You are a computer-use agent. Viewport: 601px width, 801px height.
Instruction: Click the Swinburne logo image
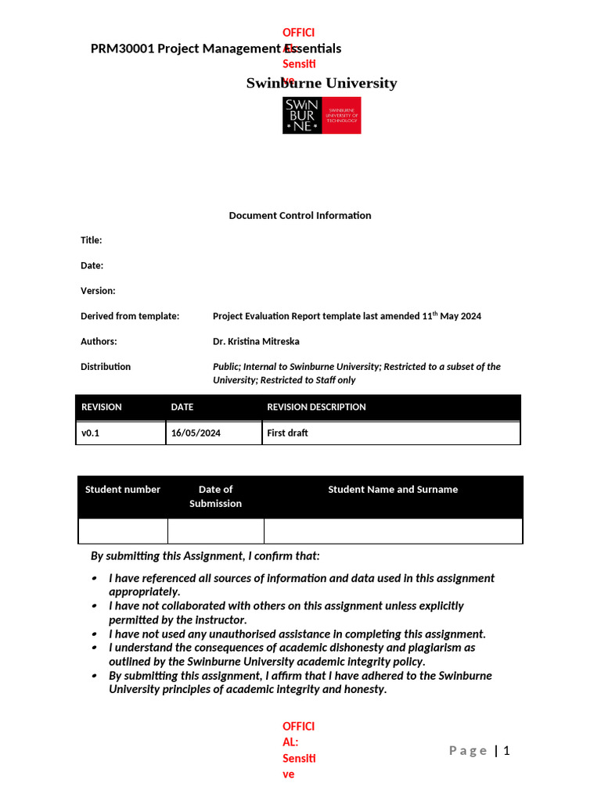click(x=322, y=116)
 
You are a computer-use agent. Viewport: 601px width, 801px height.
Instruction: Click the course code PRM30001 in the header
click(x=122, y=48)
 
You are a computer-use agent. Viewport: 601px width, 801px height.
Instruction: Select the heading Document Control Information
click(x=300, y=215)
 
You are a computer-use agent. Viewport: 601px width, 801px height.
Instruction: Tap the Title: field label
click(x=92, y=240)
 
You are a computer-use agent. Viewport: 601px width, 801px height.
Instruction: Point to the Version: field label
click(x=98, y=291)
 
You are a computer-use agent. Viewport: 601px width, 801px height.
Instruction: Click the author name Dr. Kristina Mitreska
click(x=256, y=341)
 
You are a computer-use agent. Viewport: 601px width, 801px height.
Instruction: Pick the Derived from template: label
click(x=130, y=316)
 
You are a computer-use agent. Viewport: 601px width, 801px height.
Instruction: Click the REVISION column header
click(x=102, y=407)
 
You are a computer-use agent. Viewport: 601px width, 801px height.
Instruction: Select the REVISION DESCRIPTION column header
click(x=316, y=407)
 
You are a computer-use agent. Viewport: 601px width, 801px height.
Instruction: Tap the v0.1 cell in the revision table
click(x=90, y=433)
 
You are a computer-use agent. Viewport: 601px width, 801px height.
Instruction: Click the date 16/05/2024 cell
click(x=196, y=433)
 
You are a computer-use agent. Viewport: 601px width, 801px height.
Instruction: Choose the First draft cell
click(x=287, y=433)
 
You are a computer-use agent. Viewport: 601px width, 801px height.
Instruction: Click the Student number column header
click(x=123, y=490)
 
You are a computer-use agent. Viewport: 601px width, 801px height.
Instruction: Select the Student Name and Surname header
click(x=393, y=490)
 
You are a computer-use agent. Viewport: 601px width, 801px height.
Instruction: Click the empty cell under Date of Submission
click(x=215, y=530)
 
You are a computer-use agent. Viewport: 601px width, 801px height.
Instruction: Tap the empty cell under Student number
click(x=123, y=530)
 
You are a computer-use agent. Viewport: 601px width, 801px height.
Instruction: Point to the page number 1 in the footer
click(x=506, y=751)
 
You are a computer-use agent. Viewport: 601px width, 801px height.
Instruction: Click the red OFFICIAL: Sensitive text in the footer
click(x=299, y=750)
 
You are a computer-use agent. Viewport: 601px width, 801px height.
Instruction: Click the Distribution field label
click(x=106, y=366)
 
